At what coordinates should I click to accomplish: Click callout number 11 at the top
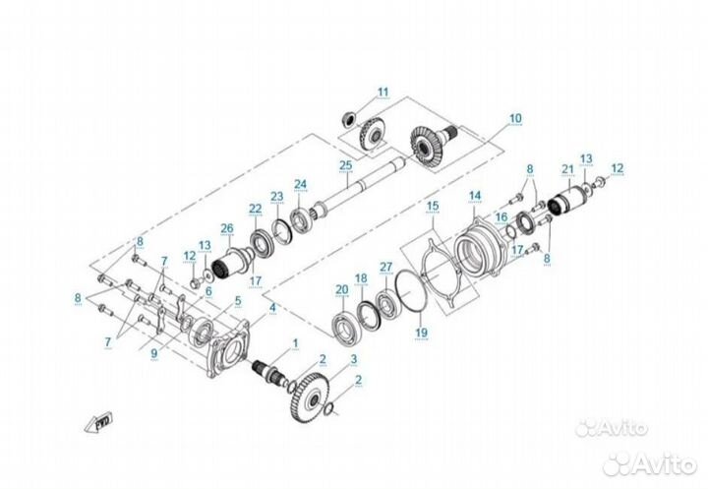tap(383, 92)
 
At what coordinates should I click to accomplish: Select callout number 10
tap(515, 119)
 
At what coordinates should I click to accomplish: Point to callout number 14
tap(474, 195)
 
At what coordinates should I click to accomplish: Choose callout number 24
tap(300, 184)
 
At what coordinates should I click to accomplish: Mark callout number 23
tap(277, 196)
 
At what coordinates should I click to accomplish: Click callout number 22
tap(256, 208)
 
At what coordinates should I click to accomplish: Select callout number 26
tap(227, 229)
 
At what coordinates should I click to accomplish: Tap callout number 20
tap(341, 289)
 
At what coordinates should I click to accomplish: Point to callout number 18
tap(361, 278)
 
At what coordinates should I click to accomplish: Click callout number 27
tap(386, 267)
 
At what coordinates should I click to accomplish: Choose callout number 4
tap(272, 308)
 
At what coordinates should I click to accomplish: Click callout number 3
tap(354, 360)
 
